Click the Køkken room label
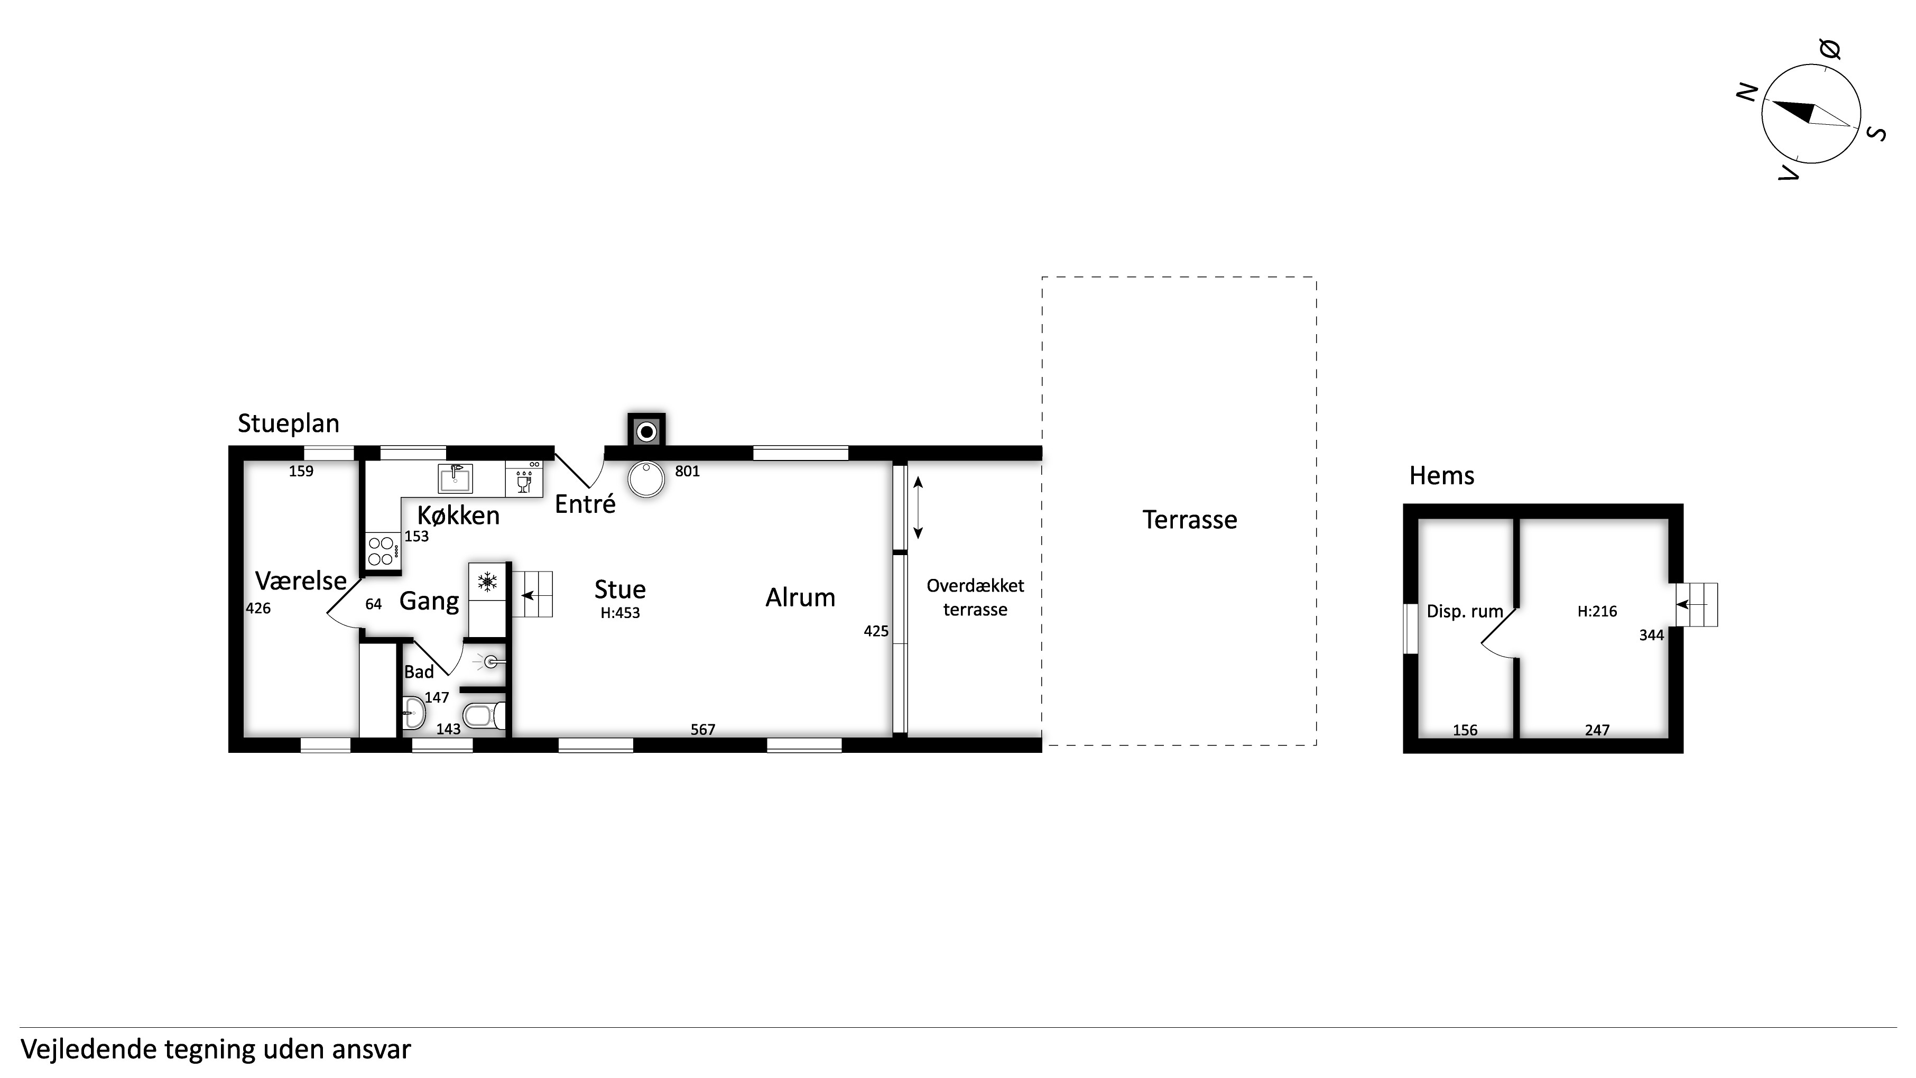pos(458,515)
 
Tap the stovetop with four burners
pos(382,550)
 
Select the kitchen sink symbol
pos(455,478)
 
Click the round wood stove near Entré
pos(645,479)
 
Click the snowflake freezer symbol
pos(487,582)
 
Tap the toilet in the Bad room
pos(484,716)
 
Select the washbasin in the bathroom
pos(413,713)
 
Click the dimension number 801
pos(687,471)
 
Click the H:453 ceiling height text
pos(621,613)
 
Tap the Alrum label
pos(800,597)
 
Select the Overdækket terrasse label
pos(975,597)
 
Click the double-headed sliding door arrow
pos(918,508)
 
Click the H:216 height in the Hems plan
pos(1597,612)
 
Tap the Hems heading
pos(1441,476)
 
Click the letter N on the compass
pos(1747,92)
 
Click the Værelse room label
pos(301,581)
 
